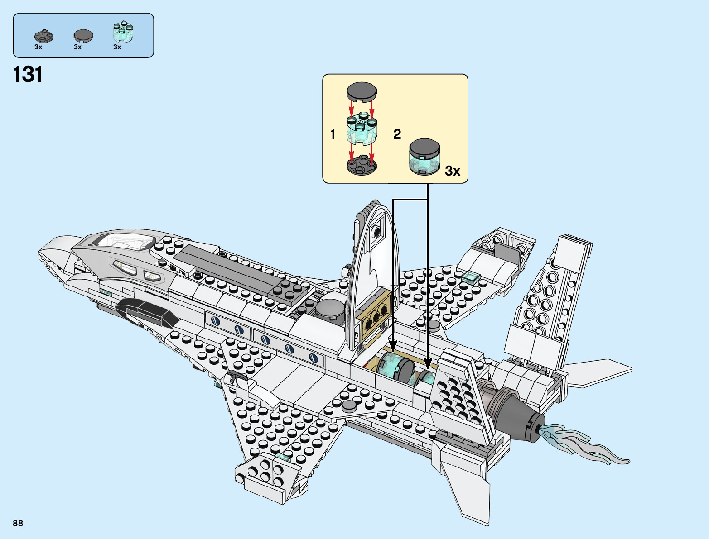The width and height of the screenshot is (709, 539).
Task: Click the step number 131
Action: point(28,74)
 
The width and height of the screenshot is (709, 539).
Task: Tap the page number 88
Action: point(18,523)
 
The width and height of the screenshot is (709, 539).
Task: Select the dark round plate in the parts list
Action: point(43,36)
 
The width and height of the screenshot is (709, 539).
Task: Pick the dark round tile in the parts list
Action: point(83,35)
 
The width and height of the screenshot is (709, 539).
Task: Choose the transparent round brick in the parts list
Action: point(123,32)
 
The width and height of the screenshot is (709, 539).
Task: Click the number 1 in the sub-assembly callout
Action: point(333,134)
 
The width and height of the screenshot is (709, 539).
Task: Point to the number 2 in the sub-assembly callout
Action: point(397,134)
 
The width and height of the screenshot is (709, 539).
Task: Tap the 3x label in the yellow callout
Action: point(452,171)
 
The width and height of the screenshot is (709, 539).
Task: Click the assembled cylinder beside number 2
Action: point(424,157)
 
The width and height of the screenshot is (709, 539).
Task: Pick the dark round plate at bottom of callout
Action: point(362,165)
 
